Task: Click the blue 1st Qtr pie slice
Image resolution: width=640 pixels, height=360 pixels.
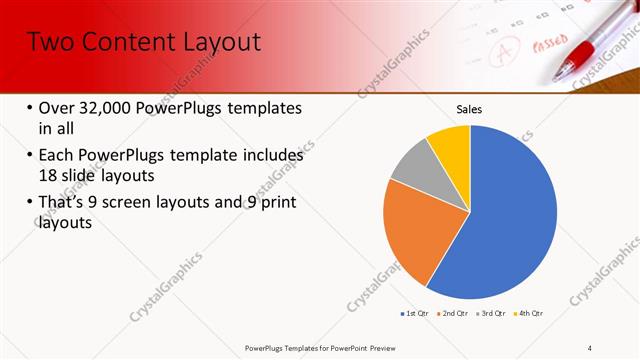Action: point(510,210)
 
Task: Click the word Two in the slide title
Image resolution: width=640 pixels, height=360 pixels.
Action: point(49,42)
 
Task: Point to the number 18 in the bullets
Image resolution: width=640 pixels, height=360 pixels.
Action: point(49,175)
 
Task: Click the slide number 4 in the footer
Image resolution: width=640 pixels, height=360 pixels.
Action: point(590,347)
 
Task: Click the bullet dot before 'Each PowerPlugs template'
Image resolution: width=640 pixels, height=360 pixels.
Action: point(30,157)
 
